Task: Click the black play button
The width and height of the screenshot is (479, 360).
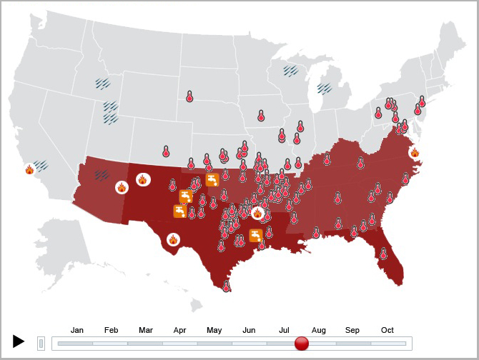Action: (x=19, y=341)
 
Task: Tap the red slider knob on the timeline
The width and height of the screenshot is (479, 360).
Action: (x=302, y=344)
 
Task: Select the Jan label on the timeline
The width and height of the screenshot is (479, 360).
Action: (x=77, y=330)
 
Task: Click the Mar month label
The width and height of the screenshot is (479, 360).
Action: (x=146, y=330)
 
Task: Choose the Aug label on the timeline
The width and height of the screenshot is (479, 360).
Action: (x=319, y=330)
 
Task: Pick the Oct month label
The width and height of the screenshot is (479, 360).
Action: (x=387, y=330)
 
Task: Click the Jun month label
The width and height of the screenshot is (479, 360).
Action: (x=250, y=330)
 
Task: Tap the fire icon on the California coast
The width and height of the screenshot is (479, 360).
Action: (x=29, y=169)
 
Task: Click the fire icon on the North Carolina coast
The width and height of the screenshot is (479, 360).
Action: (x=415, y=152)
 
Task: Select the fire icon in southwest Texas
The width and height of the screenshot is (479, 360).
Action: (x=174, y=240)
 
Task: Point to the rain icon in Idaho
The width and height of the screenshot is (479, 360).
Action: (x=104, y=83)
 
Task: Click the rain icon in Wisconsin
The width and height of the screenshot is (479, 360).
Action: (x=290, y=71)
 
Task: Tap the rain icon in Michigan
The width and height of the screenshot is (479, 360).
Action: (x=325, y=89)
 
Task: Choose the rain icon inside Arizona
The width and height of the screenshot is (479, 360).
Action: (x=102, y=174)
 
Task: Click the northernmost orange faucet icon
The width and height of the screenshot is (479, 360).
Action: (x=212, y=179)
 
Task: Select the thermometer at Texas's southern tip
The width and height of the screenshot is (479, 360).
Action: (x=226, y=286)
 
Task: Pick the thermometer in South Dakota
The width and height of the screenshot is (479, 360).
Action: (x=189, y=96)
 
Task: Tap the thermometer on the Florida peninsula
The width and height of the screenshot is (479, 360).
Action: (x=383, y=253)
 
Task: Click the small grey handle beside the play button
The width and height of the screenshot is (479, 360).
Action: (x=41, y=344)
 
